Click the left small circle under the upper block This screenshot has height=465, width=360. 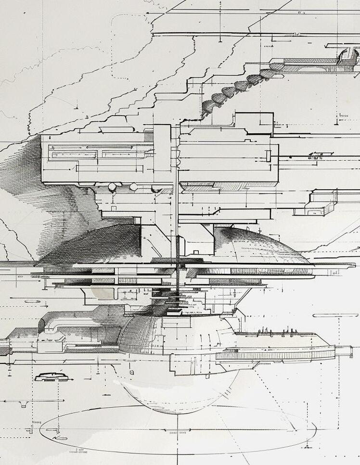point(112,186)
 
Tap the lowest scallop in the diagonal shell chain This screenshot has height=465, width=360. point(207,109)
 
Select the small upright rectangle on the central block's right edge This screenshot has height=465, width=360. point(269,155)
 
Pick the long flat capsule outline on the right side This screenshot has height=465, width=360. point(335,316)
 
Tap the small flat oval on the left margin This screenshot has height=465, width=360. point(32,301)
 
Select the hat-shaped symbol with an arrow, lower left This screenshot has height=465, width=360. point(51,376)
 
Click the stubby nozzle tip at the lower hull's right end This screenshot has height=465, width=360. point(343,351)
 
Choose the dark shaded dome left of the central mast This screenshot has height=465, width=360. point(96,243)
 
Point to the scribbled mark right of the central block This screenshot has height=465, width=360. point(316,156)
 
